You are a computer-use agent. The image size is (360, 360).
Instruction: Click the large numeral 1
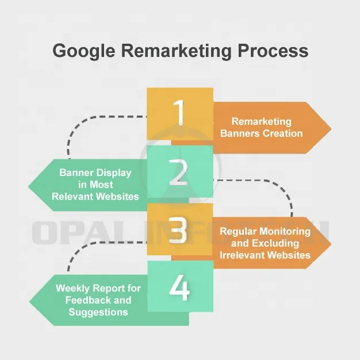[179, 113]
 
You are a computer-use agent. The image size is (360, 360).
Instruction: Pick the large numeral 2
[179, 171]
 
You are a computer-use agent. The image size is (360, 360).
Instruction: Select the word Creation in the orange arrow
[281, 133]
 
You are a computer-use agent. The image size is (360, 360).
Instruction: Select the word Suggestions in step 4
[98, 312]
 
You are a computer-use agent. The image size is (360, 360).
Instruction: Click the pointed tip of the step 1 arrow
[331, 128]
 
